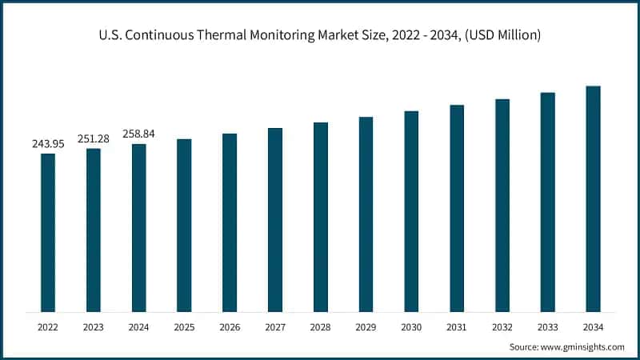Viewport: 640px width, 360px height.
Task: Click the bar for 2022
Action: [x=48, y=232]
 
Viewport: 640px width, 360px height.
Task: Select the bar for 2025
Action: [x=184, y=225]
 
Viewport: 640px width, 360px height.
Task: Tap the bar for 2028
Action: [x=321, y=217]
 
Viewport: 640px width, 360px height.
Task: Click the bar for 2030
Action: [x=411, y=211]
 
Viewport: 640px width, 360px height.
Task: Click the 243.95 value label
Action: [x=48, y=144]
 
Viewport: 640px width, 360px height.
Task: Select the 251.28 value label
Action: [x=94, y=139]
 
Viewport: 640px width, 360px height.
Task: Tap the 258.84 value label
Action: [x=138, y=134]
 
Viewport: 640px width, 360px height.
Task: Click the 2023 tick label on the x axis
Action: [x=94, y=327]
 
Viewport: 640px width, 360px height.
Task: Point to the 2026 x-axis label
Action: [x=230, y=327]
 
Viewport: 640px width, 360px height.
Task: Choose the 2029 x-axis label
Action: [x=366, y=327]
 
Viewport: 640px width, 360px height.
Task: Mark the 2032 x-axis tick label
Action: [x=502, y=327]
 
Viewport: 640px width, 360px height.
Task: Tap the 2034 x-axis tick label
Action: [x=593, y=327]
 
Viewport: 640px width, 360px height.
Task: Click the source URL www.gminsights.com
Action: [x=585, y=347]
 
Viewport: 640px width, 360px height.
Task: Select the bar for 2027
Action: [x=275, y=219]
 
